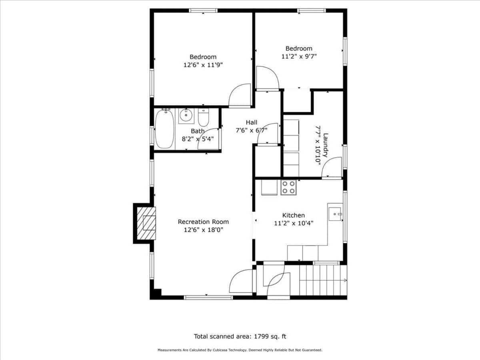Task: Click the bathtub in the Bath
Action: pos(164,129)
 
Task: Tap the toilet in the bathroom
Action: pos(203,117)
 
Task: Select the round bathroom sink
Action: pos(186,116)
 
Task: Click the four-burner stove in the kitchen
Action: pos(289,188)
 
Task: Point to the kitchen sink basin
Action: pos(335,214)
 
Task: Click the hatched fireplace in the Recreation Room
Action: pos(146,223)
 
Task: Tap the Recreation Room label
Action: pos(203,222)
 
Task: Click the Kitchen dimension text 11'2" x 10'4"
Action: pos(294,223)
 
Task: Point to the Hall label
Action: pos(252,122)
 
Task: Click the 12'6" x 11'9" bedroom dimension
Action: pos(203,65)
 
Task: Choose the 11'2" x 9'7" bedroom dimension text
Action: pos(299,57)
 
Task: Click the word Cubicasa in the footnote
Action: pos(220,350)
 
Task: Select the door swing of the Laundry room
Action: pos(332,168)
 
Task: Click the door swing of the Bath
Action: pos(208,139)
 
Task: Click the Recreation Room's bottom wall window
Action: pos(208,297)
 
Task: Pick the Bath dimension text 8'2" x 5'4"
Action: pos(198,139)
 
